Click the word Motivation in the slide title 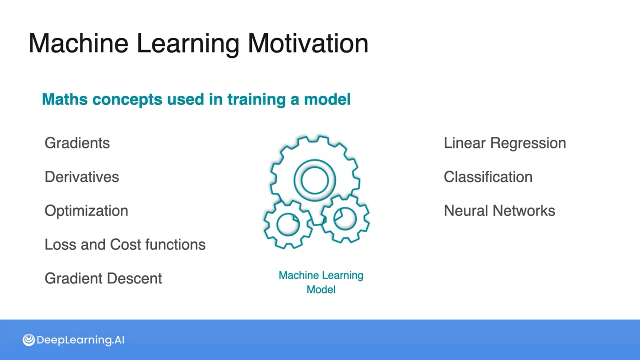point(308,43)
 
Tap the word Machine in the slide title point(78,43)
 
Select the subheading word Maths point(65,99)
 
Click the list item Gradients point(77,143)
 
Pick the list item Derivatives point(82,177)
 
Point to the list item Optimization point(86,211)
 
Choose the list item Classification point(488,177)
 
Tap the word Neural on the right point(466,211)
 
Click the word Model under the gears point(321,290)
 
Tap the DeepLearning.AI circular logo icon point(29,340)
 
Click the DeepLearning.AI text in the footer point(80,340)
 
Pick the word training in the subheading point(256,100)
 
